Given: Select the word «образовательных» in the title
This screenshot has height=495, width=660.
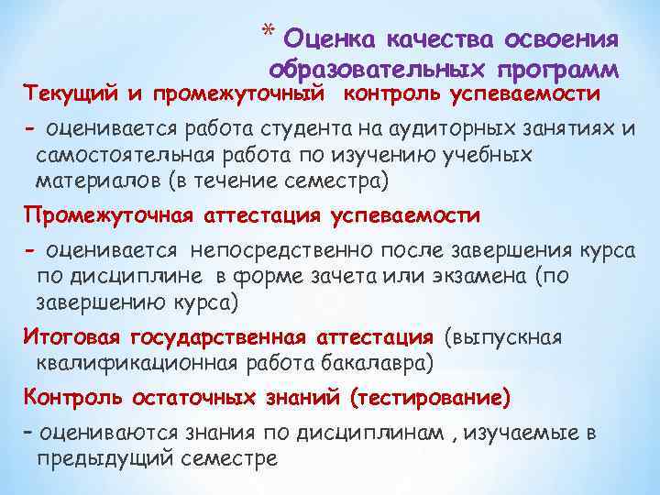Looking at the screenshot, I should point(378,70).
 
